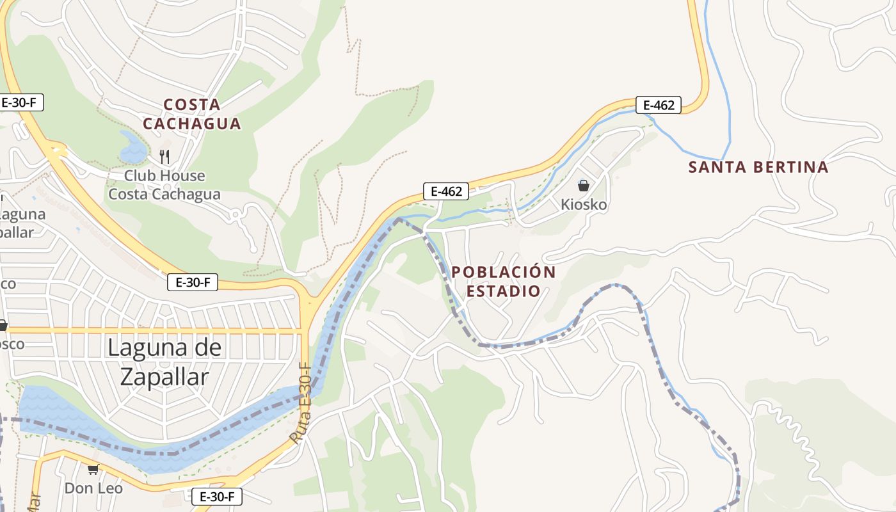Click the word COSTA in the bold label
(x=192, y=104)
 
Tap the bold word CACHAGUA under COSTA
(x=192, y=124)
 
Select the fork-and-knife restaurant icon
(x=164, y=156)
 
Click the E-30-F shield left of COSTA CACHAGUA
(x=22, y=102)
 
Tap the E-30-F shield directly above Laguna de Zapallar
(x=193, y=282)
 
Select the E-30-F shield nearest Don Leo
(x=217, y=496)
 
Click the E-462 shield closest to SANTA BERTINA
(x=659, y=105)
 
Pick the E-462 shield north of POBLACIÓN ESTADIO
(x=446, y=191)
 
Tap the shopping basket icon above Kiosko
(x=583, y=186)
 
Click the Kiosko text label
(x=584, y=205)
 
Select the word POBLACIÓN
(x=504, y=272)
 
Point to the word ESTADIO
(x=503, y=291)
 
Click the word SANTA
(x=717, y=168)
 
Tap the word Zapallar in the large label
(x=164, y=377)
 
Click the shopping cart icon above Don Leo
(x=93, y=469)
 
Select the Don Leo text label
(x=93, y=488)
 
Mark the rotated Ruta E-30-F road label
(x=301, y=403)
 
